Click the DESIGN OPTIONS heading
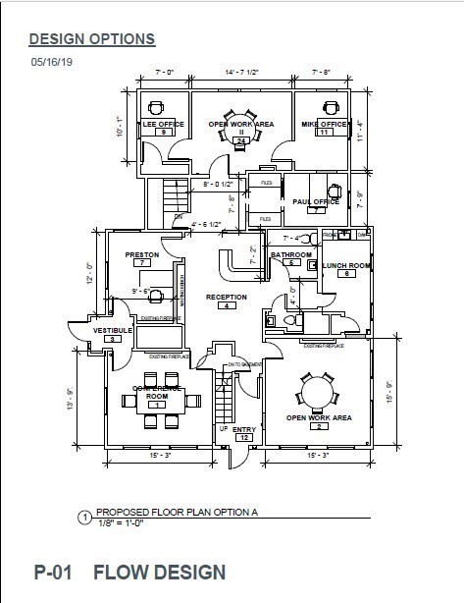click(x=91, y=39)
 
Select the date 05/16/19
click(x=53, y=61)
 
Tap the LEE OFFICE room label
click(x=163, y=124)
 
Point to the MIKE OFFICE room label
click(x=324, y=124)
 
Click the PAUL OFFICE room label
click(x=316, y=201)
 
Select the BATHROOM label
click(x=290, y=255)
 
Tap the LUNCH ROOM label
click(x=345, y=265)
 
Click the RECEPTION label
click(x=226, y=297)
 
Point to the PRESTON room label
click(x=142, y=254)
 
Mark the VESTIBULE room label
click(x=113, y=331)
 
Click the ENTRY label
click(x=244, y=428)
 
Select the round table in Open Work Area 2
click(x=318, y=393)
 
